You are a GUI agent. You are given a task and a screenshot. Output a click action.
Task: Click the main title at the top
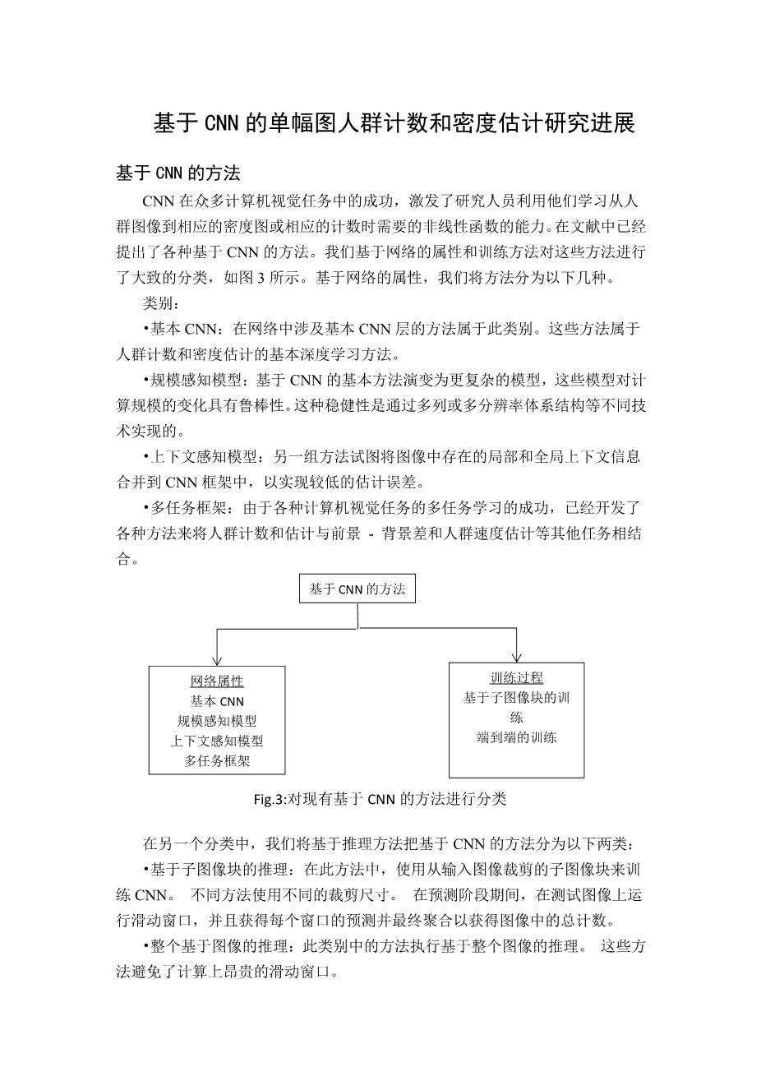[394, 123]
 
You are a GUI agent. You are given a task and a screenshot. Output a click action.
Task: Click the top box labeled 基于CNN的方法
[357, 589]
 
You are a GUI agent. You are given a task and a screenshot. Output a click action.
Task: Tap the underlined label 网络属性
[217, 681]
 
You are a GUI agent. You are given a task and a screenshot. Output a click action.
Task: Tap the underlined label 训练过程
[516, 678]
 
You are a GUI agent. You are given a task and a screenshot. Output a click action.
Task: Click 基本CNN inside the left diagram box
[217, 701]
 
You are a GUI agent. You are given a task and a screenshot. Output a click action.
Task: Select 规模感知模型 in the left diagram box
[217, 721]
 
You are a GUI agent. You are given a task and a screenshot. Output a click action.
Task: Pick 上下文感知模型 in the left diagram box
[217, 741]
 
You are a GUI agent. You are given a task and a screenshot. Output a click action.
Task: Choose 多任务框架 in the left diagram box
[217, 760]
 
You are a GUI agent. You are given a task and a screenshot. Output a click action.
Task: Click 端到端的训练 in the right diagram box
[516, 737]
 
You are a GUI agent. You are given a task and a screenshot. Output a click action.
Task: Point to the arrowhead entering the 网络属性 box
[217, 659]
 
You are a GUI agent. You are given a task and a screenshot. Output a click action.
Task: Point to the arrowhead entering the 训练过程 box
[516, 656]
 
